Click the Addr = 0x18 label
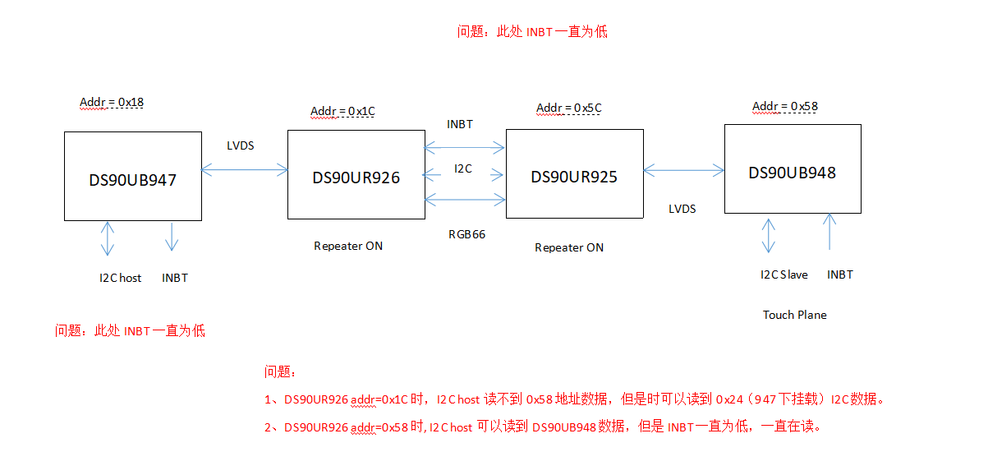click(x=112, y=103)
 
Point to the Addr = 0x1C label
click(x=342, y=111)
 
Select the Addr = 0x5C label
click(x=569, y=108)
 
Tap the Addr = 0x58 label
click(x=785, y=106)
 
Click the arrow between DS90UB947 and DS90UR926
click(x=245, y=170)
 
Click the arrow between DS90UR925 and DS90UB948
click(x=683, y=170)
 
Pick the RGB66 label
click(x=466, y=234)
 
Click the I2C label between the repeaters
click(x=463, y=168)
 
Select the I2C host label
click(x=120, y=278)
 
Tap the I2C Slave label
click(x=784, y=274)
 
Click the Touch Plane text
click(x=794, y=315)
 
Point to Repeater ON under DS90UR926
click(x=348, y=246)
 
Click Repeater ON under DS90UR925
click(x=569, y=247)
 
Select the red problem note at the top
click(x=532, y=32)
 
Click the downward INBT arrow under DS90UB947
click(x=172, y=236)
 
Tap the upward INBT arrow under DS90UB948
click(x=830, y=231)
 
